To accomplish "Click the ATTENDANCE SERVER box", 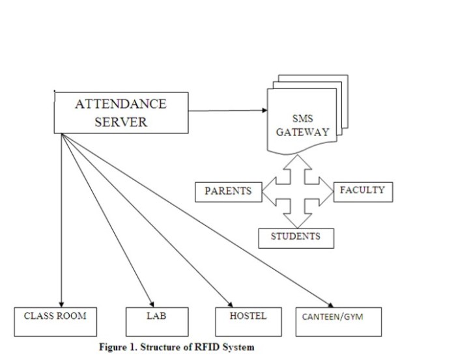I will pos(121,113).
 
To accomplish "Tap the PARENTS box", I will pos(228,191).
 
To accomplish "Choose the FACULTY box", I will pos(363,191).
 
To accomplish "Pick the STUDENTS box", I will pos(296,238).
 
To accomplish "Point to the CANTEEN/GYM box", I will pos(337,321).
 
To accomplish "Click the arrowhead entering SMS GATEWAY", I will pos(264,110).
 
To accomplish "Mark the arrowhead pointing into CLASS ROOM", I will pos(61,302).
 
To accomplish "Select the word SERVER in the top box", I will pos(121,122).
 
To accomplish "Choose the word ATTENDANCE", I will pos(121,104).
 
